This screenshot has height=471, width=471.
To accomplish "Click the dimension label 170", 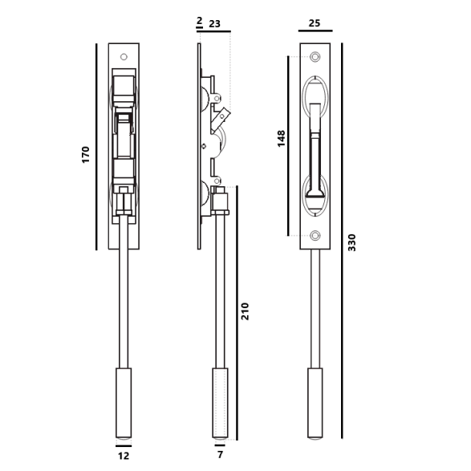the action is [86, 155].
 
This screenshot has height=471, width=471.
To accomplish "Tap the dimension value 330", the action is [351, 242].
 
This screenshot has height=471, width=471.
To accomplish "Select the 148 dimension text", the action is [281, 139].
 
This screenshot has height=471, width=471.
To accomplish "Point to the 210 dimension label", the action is [245, 311].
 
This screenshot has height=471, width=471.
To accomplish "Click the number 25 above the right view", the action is [315, 23].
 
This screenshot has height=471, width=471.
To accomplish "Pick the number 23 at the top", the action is [214, 23].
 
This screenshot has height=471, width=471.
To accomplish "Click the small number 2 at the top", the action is [200, 21].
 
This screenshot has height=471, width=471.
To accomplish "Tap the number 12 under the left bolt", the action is [124, 456].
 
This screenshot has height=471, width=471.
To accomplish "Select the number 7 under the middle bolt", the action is [220, 455].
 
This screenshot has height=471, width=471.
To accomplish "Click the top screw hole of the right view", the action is [315, 57].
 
